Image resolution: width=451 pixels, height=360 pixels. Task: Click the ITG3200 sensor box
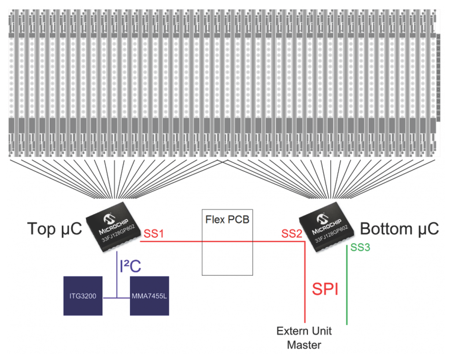point(83,296)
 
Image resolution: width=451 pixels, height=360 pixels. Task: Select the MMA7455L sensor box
point(149,296)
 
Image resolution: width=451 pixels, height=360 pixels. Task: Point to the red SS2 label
point(292,234)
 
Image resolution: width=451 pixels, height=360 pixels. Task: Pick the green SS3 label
point(360,248)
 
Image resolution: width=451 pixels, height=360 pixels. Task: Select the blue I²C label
point(130,266)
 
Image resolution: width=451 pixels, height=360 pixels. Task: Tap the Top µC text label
point(55,229)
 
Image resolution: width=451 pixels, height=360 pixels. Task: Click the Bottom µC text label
point(399,229)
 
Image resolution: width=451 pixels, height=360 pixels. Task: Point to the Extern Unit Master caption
point(304,338)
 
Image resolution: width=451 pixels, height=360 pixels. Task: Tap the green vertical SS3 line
point(347,286)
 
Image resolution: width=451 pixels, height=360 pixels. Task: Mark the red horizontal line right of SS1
point(185,241)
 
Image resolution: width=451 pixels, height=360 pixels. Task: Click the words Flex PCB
point(227,219)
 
